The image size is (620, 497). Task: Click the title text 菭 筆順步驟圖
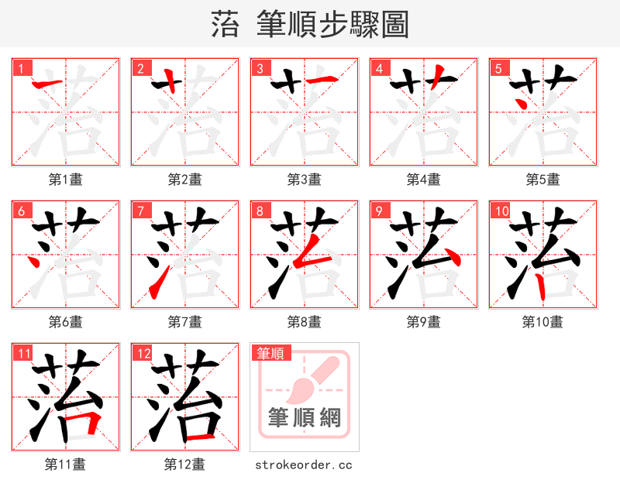[x=310, y=25]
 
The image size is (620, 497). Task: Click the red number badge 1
[x=19, y=68]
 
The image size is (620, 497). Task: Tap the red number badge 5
[x=497, y=68]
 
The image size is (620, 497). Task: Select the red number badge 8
[x=258, y=211]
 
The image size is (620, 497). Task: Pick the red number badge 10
[x=500, y=211]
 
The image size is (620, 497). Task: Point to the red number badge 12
[x=142, y=354]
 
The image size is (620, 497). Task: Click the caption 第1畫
[x=66, y=180]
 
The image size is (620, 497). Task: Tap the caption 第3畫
[x=305, y=180]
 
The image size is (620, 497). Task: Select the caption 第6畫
[x=66, y=321]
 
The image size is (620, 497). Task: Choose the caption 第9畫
[x=424, y=321]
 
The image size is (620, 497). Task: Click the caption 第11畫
[x=66, y=464]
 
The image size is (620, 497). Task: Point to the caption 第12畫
[x=185, y=464]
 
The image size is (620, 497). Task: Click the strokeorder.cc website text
[x=305, y=464]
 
